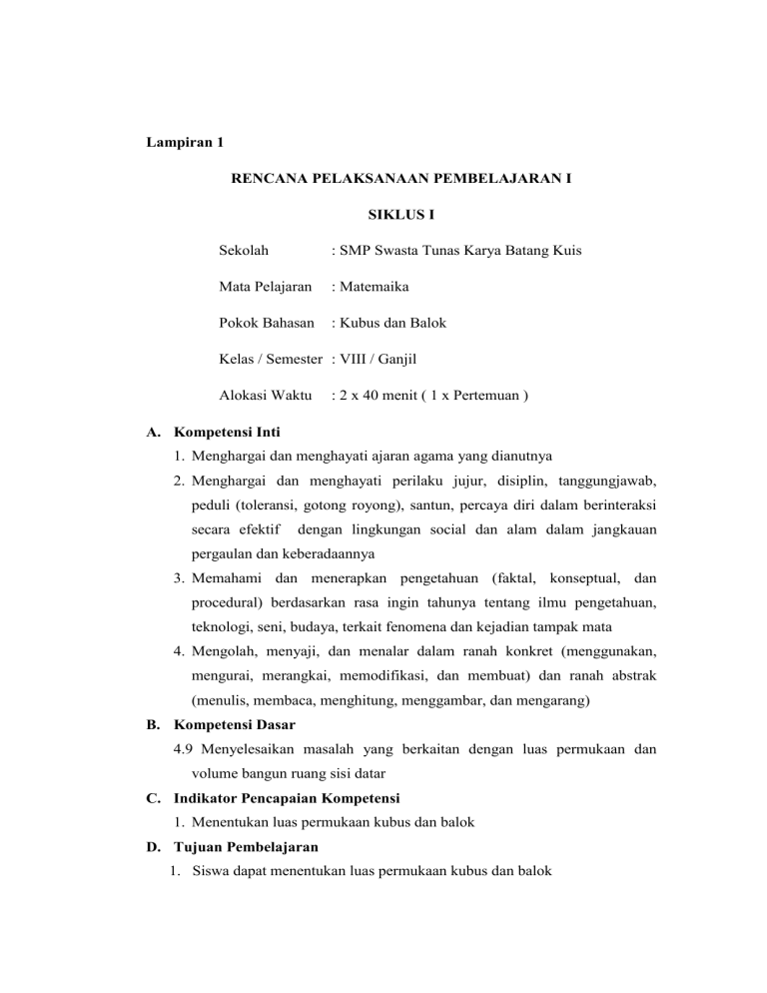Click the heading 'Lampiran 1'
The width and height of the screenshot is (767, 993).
click(181, 143)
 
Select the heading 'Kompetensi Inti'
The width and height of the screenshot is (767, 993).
click(227, 434)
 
